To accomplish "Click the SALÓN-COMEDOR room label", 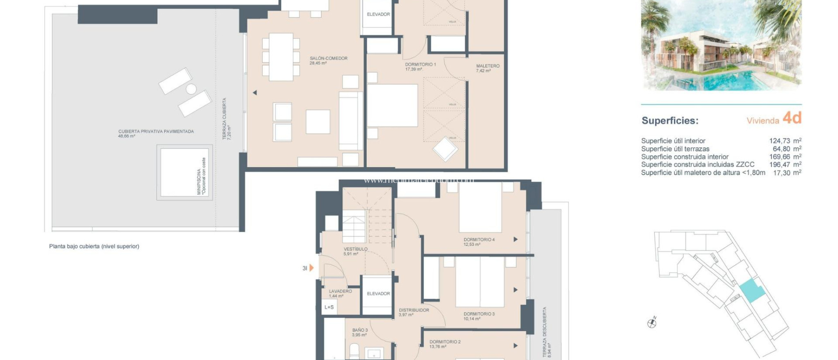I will point(328,59).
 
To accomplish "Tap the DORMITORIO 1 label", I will point(420,65).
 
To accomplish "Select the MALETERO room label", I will point(487,66).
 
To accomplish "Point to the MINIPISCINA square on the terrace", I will point(184,172).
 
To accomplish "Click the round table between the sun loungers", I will point(191,89).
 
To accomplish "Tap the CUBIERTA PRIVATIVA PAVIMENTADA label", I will point(156,132).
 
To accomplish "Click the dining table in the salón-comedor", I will point(281,57).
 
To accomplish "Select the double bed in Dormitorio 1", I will point(392,106).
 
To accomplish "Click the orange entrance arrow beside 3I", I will point(311,268).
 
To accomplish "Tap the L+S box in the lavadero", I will point(329,307).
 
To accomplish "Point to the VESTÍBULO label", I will point(355,249).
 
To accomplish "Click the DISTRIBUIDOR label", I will point(414,310).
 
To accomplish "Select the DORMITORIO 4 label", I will point(479,240).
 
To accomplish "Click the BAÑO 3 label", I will point(360,330).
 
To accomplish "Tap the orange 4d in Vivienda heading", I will point(791,118).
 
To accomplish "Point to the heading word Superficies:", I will point(669,121).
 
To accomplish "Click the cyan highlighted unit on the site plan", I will point(752,290).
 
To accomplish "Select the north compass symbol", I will point(652,323).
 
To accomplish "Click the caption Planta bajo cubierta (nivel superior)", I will point(94,246).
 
